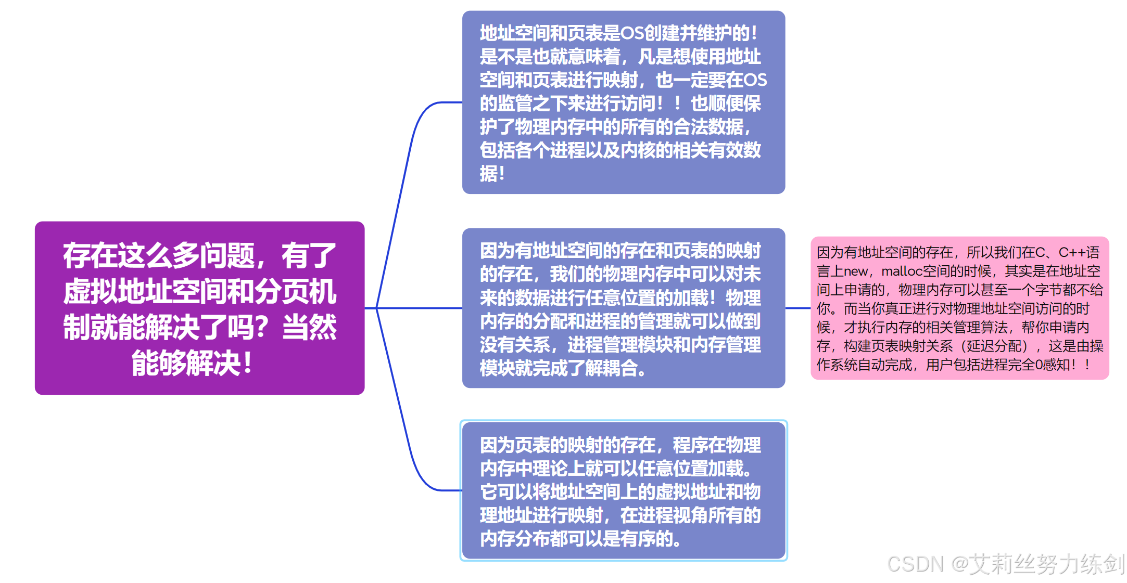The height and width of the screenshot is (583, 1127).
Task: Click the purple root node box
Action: [x=199, y=307]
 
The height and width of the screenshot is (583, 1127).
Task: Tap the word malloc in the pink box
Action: [x=902, y=271]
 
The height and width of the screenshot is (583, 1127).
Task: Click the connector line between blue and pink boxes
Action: [x=797, y=308]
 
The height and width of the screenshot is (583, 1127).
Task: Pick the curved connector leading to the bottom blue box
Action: [x=411, y=458]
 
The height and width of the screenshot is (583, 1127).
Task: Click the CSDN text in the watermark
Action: [x=915, y=564]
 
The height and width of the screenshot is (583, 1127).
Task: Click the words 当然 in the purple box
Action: [x=309, y=327]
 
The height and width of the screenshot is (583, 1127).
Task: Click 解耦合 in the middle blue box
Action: [x=611, y=368]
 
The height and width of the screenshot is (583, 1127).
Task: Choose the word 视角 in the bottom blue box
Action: [x=708, y=515]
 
